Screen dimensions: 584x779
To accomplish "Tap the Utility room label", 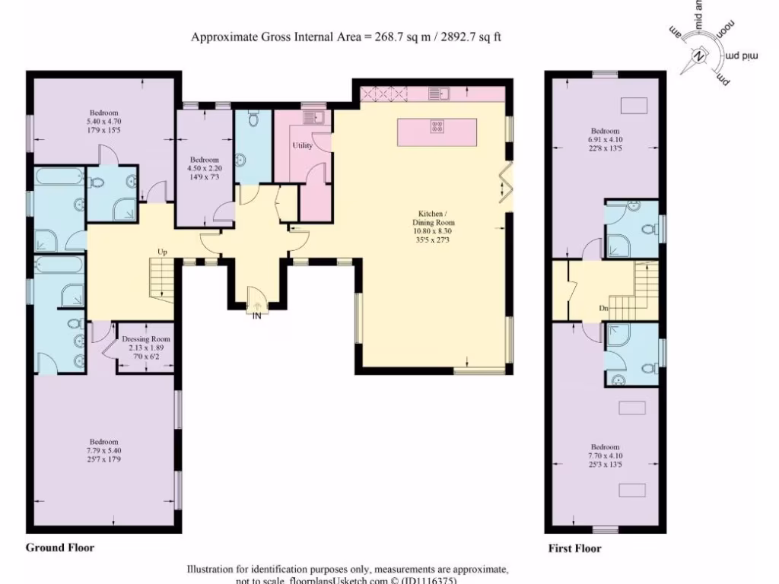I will [302, 145].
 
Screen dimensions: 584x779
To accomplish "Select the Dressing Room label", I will [145, 339].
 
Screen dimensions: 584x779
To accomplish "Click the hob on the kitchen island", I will [438, 127].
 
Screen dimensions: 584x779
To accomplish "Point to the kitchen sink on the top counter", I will [438, 94].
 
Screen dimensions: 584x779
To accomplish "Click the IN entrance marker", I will [257, 316].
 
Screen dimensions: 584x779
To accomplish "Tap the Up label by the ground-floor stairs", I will [162, 252].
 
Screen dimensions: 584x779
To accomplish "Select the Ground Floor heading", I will [60, 547].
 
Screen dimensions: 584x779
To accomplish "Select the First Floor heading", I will [574, 548].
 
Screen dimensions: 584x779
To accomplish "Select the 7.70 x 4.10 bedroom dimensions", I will [606, 456].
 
